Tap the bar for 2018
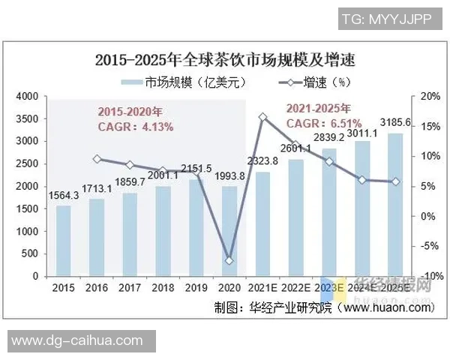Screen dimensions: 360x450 [163, 230]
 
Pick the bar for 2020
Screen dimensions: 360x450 [229, 230]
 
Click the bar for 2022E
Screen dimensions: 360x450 [296, 217]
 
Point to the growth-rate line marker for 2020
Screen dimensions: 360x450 [229, 260]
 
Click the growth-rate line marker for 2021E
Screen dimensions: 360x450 [262, 117]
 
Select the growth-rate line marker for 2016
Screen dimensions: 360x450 [97, 159]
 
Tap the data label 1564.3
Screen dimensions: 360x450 [63, 196]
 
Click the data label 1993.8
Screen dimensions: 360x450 [229, 176]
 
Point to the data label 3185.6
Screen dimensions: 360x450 [395, 122]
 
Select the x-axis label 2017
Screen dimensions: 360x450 [130, 286]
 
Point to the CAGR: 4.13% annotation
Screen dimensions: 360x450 [136, 127]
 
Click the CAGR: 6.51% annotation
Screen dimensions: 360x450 [324, 123]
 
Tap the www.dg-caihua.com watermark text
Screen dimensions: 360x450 [77, 340]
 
